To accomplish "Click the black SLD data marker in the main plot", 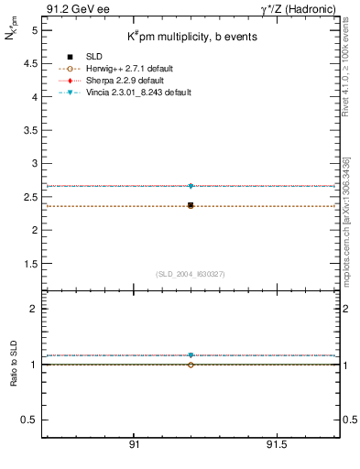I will click(x=191, y=205).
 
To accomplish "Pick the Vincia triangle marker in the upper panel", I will click(x=191, y=186).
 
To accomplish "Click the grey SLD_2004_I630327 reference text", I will click(x=191, y=274).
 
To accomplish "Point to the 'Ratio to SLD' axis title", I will click(x=13, y=364).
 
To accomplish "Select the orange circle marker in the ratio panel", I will click(x=191, y=365).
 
